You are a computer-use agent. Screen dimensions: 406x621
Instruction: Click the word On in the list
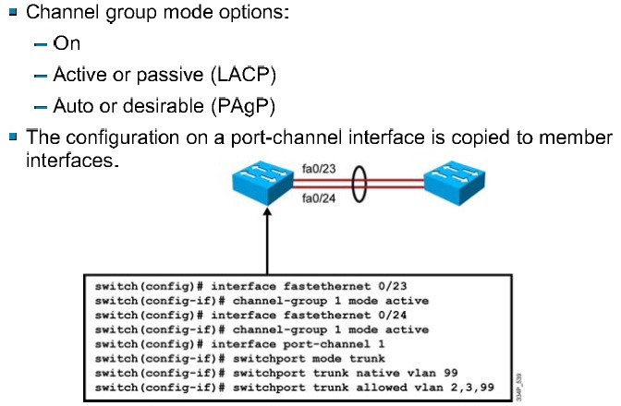pyautogui.click(x=67, y=43)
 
